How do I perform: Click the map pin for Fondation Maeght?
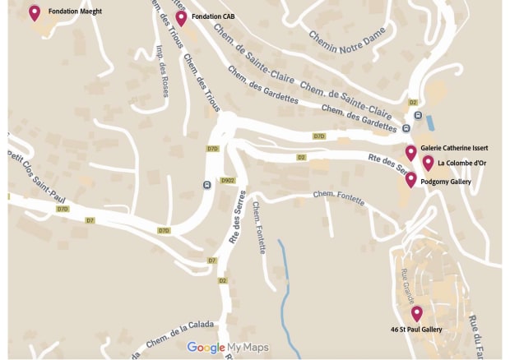click(x=35, y=12)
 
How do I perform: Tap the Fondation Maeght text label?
click(x=75, y=12)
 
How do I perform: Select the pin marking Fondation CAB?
click(x=181, y=17)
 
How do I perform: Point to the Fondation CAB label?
click(x=218, y=16)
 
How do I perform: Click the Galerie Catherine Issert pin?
click(x=410, y=152)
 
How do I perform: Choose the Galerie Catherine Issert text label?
click(x=454, y=148)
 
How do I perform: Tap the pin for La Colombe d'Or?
click(x=428, y=163)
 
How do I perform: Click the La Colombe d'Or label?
click(x=461, y=163)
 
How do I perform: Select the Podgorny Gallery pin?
click(x=410, y=179)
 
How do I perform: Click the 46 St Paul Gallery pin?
click(x=417, y=313)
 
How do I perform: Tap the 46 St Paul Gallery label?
click(x=416, y=329)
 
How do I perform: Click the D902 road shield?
click(x=228, y=180)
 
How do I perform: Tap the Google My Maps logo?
click(x=228, y=348)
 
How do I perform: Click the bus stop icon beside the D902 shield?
click(x=206, y=184)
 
